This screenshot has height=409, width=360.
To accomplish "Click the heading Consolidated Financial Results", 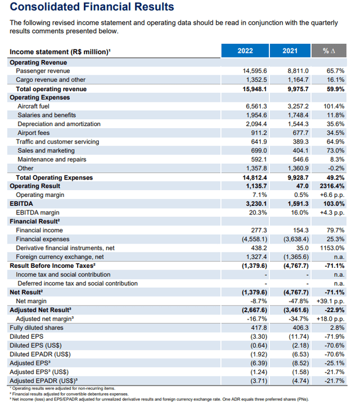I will click(x=92, y=7).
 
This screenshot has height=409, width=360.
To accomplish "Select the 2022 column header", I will click(x=245, y=51).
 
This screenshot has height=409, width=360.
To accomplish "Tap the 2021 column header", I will click(x=290, y=51).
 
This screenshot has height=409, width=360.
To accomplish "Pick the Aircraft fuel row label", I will click(x=33, y=106).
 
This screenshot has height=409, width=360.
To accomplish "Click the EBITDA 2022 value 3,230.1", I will click(x=254, y=204).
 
